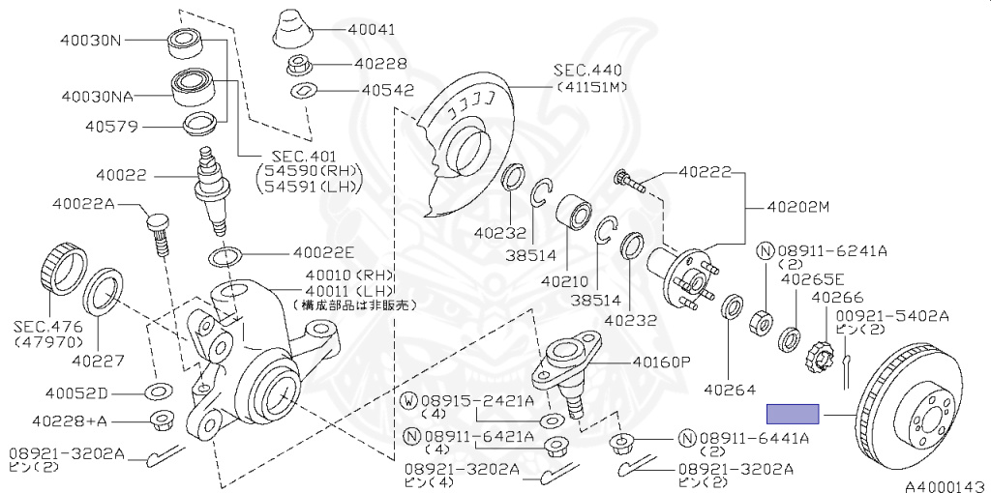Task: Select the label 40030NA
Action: click(97, 97)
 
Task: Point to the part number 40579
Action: click(111, 126)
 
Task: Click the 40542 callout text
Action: click(387, 90)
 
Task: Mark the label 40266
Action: click(837, 298)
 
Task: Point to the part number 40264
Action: click(729, 391)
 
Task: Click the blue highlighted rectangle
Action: click(793, 415)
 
